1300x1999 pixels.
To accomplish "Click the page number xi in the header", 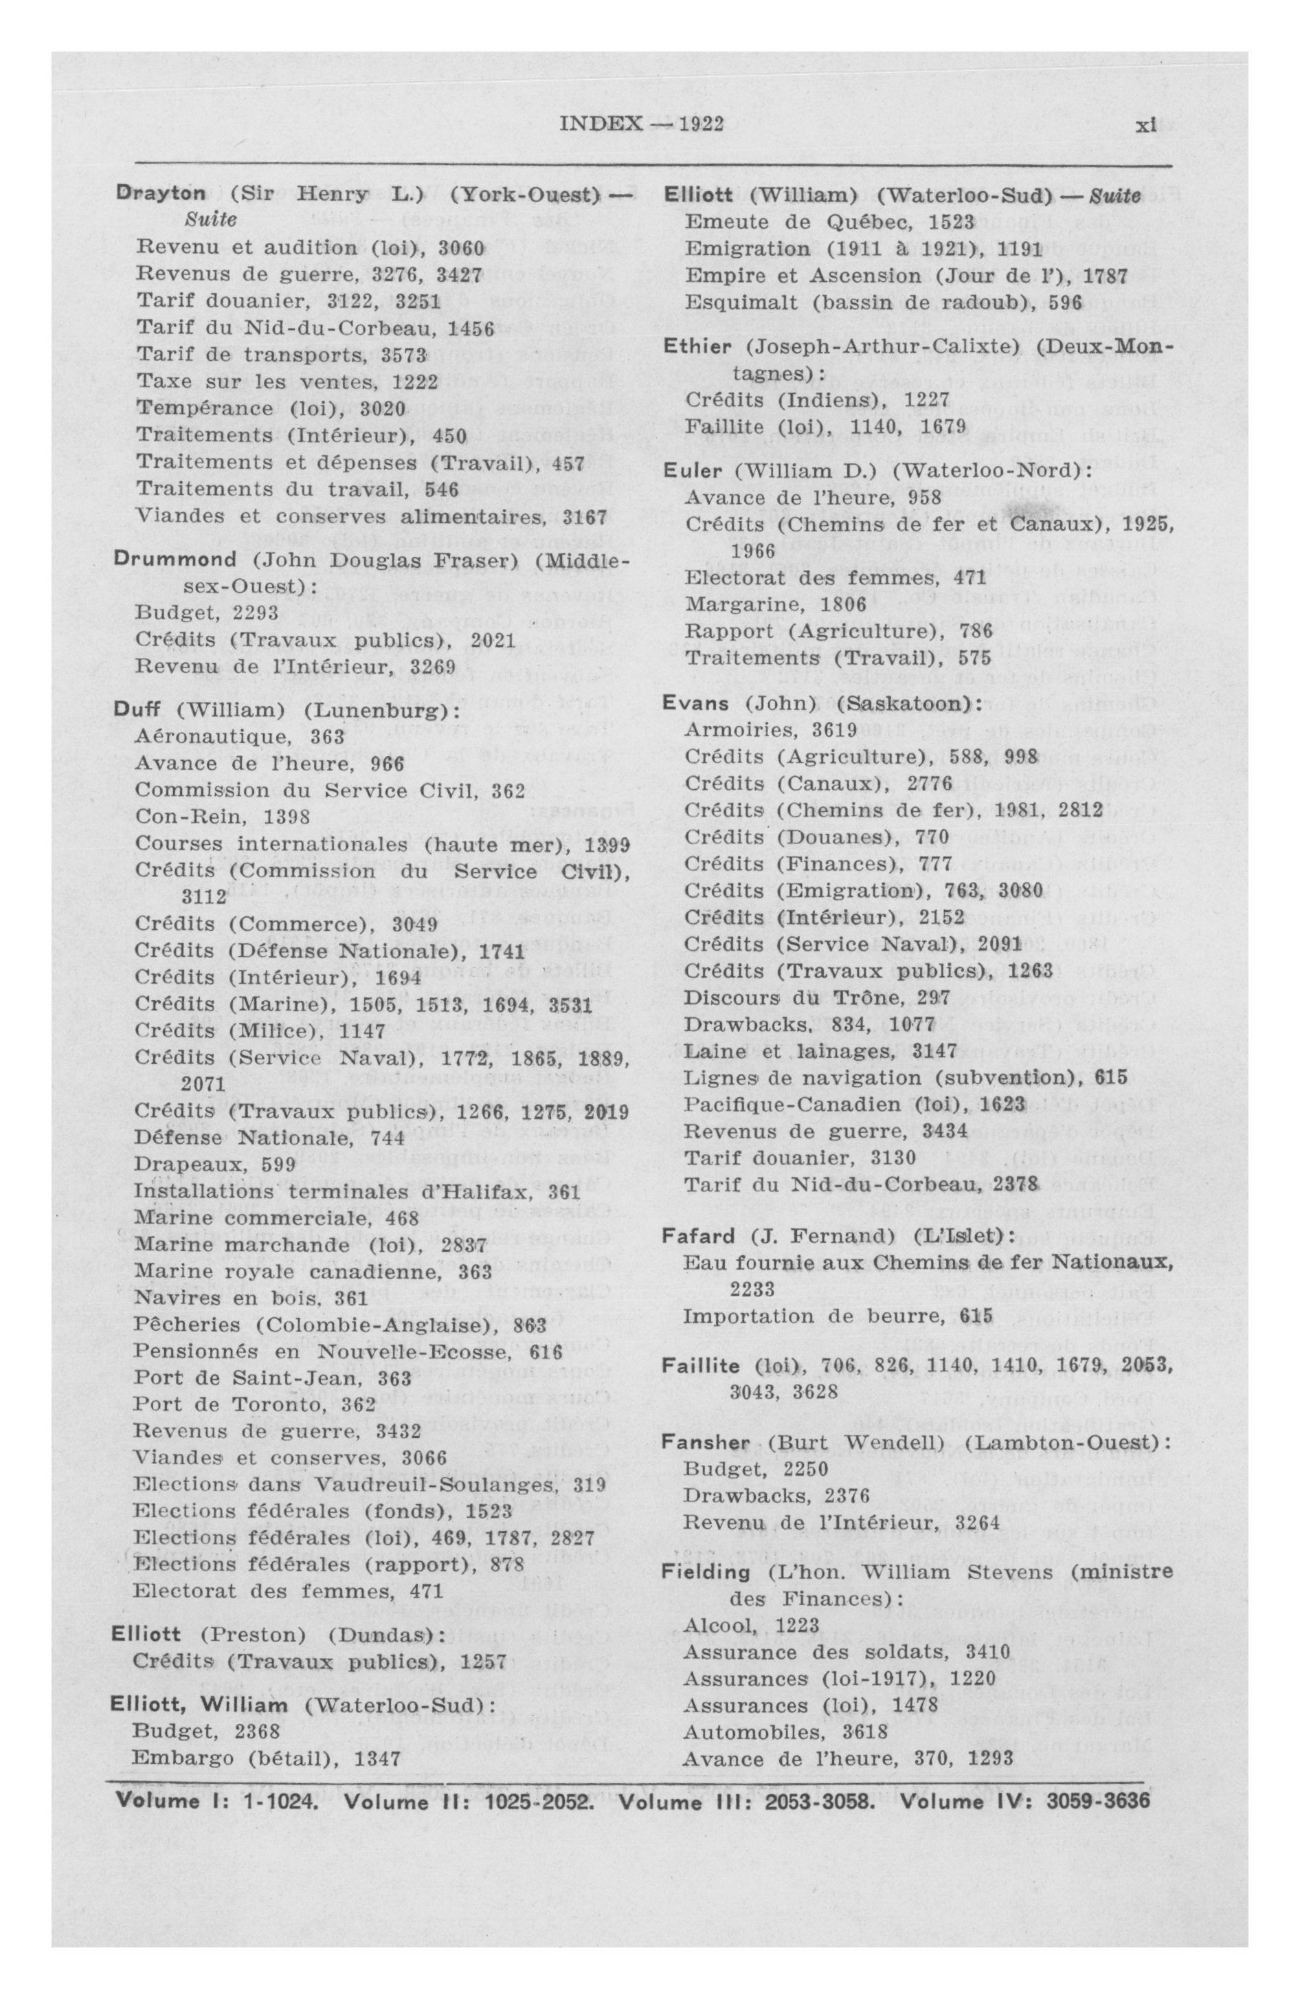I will click(x=1145, y=125).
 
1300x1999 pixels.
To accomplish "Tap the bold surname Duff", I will click(x=137, y=709).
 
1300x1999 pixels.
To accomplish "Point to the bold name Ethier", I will click(x=692, y=347).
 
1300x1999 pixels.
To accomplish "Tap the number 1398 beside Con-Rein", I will click(x=287, y=817).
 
